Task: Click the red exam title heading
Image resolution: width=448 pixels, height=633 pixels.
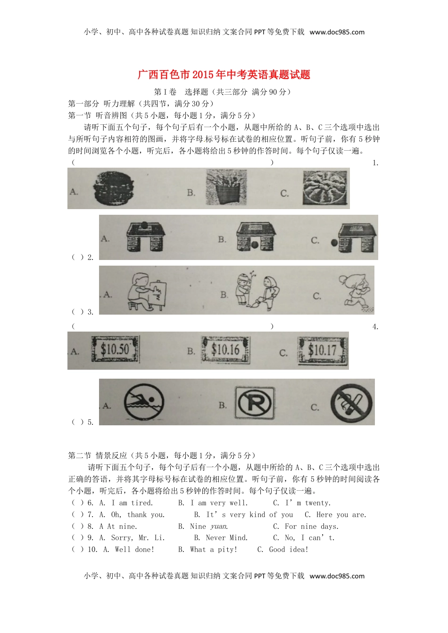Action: point(224,74)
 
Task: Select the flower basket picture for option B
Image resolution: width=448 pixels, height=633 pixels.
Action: point(226,188)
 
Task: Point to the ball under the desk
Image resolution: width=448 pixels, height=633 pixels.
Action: point(255,244)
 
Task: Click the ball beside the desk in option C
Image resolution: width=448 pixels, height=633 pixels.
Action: point(334,243)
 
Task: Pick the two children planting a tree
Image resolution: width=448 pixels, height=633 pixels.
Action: point(257,289)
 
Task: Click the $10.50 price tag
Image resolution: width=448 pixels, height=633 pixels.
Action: point(115,349)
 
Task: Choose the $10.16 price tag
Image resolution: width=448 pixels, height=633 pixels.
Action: point(225,349)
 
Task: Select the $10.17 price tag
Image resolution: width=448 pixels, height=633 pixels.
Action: point(322,350)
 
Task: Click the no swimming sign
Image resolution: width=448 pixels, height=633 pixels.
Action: point(144,403)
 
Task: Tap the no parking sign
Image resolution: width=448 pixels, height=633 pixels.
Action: point(255,403)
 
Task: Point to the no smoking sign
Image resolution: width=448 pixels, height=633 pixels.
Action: point(351,403)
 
